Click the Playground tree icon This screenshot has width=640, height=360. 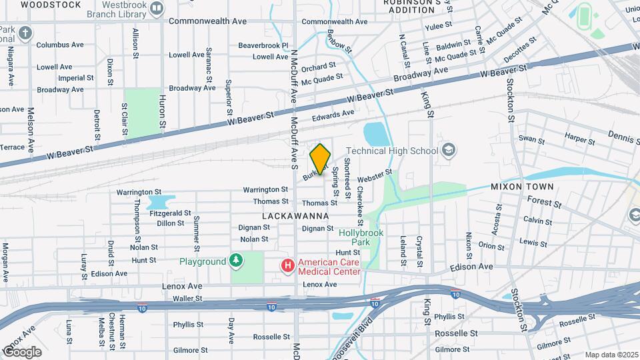235,261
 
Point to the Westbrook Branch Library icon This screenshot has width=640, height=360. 157,9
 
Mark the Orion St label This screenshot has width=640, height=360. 491,246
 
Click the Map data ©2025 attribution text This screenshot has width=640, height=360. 611,355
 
